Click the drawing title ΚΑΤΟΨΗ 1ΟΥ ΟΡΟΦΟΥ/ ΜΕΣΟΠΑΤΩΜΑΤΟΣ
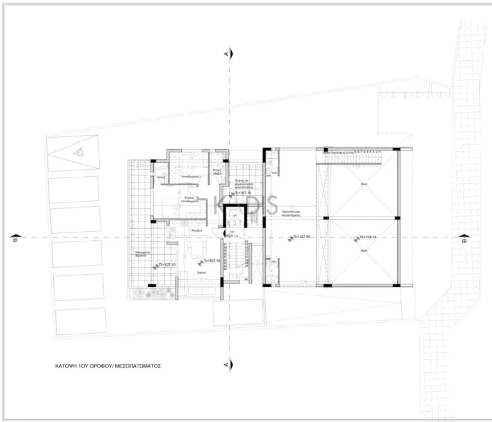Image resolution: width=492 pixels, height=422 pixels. point(107,368)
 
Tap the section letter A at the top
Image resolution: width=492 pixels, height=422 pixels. point(226,54)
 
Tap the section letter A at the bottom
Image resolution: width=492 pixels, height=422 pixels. point(226,364)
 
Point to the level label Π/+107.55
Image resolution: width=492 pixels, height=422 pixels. point(300,238)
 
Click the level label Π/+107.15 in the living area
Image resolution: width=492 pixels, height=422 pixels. point(212,261)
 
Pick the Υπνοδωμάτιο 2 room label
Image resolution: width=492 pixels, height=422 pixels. point(191,175)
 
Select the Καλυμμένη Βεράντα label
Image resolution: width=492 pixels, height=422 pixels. point(142,254)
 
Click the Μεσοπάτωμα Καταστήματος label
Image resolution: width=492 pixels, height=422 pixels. point(291,212)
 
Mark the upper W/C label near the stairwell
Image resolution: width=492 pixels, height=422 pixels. point(274,173)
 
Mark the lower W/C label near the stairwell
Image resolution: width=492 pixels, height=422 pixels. point(274,261)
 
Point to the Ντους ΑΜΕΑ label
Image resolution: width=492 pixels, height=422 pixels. point(217,172)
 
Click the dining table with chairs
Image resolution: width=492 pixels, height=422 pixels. point(197,247)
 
